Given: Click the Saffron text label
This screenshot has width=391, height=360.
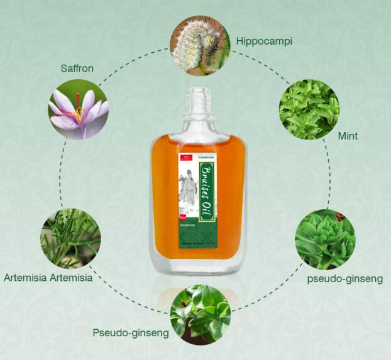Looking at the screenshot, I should (77, 68).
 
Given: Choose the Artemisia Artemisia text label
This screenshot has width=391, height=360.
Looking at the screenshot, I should (48, 278).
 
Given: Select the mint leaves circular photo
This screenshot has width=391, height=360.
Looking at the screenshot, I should (309, 109).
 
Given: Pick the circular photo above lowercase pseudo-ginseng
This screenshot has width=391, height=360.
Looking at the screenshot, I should (325, 239).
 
